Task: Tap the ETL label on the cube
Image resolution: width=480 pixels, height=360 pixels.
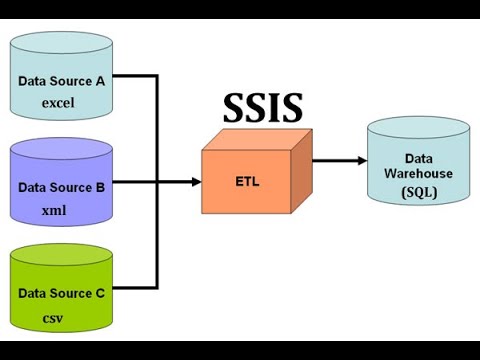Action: (245, 183)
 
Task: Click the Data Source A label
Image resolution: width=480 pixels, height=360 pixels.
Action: (61, 81)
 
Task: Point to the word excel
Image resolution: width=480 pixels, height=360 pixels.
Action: (58, 102)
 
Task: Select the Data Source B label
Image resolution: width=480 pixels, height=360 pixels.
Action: (61, 187)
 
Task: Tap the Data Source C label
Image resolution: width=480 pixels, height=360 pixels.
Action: (61, 294)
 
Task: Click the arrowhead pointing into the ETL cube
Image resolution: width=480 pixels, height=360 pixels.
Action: (194, 182)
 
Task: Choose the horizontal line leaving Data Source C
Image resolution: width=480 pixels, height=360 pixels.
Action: (133, 288)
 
